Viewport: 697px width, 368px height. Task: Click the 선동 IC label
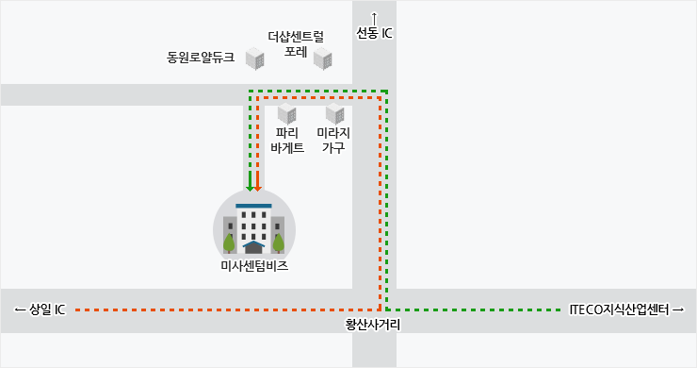click(x=374, y=33)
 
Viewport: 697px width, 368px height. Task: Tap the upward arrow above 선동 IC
click(x=374, y=19)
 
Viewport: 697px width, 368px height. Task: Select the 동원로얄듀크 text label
click(x=201, y=58)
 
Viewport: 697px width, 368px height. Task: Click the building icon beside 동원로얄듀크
click(x=255, y=59)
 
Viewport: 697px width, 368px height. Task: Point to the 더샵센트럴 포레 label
click(x=296, y=43)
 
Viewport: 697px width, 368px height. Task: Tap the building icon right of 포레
click(x=323, y=59)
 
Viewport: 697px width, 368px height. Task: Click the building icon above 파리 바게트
click(x=287, y=113)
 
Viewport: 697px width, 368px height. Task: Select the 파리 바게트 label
click(x=287, y=140)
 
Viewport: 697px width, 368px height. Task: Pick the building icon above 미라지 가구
click(x=335, y=113)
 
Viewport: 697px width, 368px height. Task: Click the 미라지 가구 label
click(x=333, y=140)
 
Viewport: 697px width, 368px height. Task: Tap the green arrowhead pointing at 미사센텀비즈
click(x=250, y=186)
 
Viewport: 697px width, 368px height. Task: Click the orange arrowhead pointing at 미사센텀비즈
click(x=257, y=186)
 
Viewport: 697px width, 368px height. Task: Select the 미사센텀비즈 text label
click(x=254, y=266)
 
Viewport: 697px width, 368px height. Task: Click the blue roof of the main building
click(x=253, y=207)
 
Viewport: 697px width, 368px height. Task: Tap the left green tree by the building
click(x=229, y=243)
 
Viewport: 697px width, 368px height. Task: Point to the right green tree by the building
click(x=278, y=243)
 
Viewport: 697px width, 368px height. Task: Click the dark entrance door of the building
click(x=253, y=248)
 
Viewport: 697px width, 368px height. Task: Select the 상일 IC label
click(x=40, y=309)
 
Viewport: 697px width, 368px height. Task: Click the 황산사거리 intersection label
click(x=373, y=325)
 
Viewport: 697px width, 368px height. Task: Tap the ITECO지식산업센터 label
click(x=625, y=309)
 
